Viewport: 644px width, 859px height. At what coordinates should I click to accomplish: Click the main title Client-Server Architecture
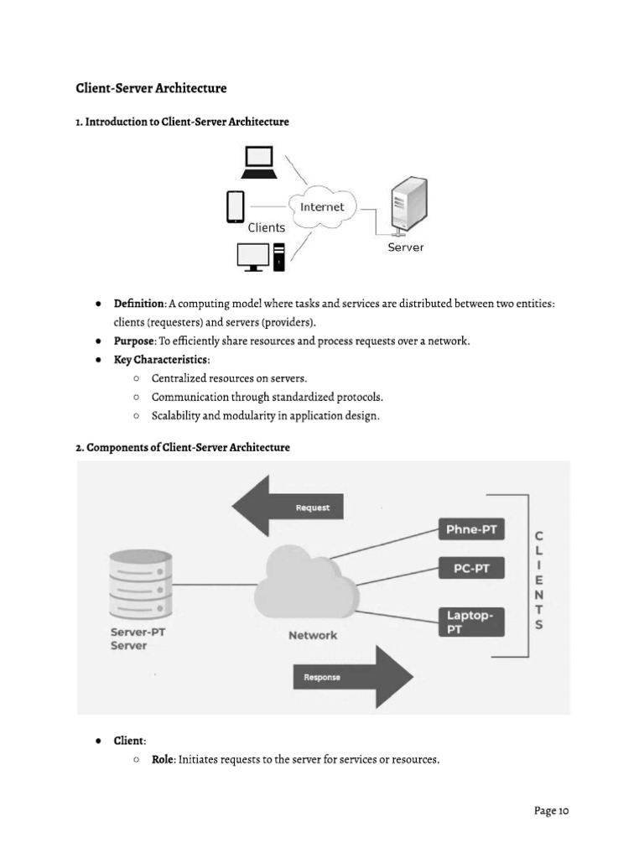click(x=151, y=88)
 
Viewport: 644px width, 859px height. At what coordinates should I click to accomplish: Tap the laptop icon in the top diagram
click(x=259, y=163)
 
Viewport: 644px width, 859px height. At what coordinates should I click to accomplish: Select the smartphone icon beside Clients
click(x=236, y=207)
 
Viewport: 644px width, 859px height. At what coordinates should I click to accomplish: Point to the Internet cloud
click(x=322, y=207)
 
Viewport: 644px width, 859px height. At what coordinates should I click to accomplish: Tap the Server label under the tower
click(x=405, y=247)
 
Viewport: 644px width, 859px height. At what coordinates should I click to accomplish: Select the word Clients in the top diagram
click(x=267, y=227)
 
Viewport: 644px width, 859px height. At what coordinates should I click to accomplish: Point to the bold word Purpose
click(x=134, y=341)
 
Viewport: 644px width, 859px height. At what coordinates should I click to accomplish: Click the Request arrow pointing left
click(x=288, y=506)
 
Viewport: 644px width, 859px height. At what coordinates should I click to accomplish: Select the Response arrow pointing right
click(x=352, y=676)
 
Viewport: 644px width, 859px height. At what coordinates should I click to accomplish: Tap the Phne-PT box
click(x=471, y=529)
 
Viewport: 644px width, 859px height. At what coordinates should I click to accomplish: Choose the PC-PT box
click(x=471, y=569)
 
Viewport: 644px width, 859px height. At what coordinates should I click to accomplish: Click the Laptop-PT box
click(x=471, y=622)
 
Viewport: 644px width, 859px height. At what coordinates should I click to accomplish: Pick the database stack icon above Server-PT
click(x=140, y=584)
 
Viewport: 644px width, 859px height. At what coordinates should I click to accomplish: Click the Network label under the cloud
click(x=313, y=635)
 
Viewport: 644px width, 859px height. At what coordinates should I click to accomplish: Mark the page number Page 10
click(x=552, y=810)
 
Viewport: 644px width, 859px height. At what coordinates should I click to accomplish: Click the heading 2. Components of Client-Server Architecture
click(x=183, y=447)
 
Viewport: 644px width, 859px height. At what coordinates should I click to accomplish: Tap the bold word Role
click(x=163, y=760)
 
